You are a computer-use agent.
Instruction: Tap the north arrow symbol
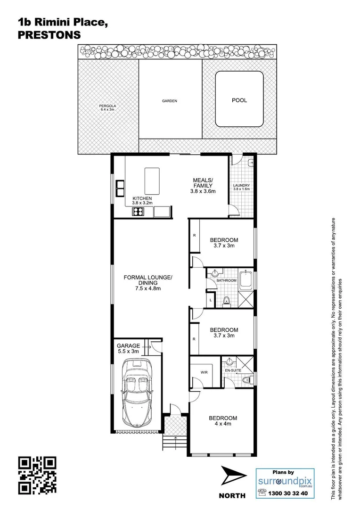[233, 476]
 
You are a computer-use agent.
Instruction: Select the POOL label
[239, 100]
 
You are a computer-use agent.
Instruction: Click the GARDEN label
[170, 101]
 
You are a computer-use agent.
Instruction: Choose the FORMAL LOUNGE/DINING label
[148, 283]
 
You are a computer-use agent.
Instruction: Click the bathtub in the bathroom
[246, 281]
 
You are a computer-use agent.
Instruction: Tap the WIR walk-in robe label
[204, 372]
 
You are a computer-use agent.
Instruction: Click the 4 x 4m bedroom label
[223, 421]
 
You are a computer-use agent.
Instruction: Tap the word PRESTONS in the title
[49, 35]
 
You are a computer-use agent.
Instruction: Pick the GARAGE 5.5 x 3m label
[129, 348]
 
